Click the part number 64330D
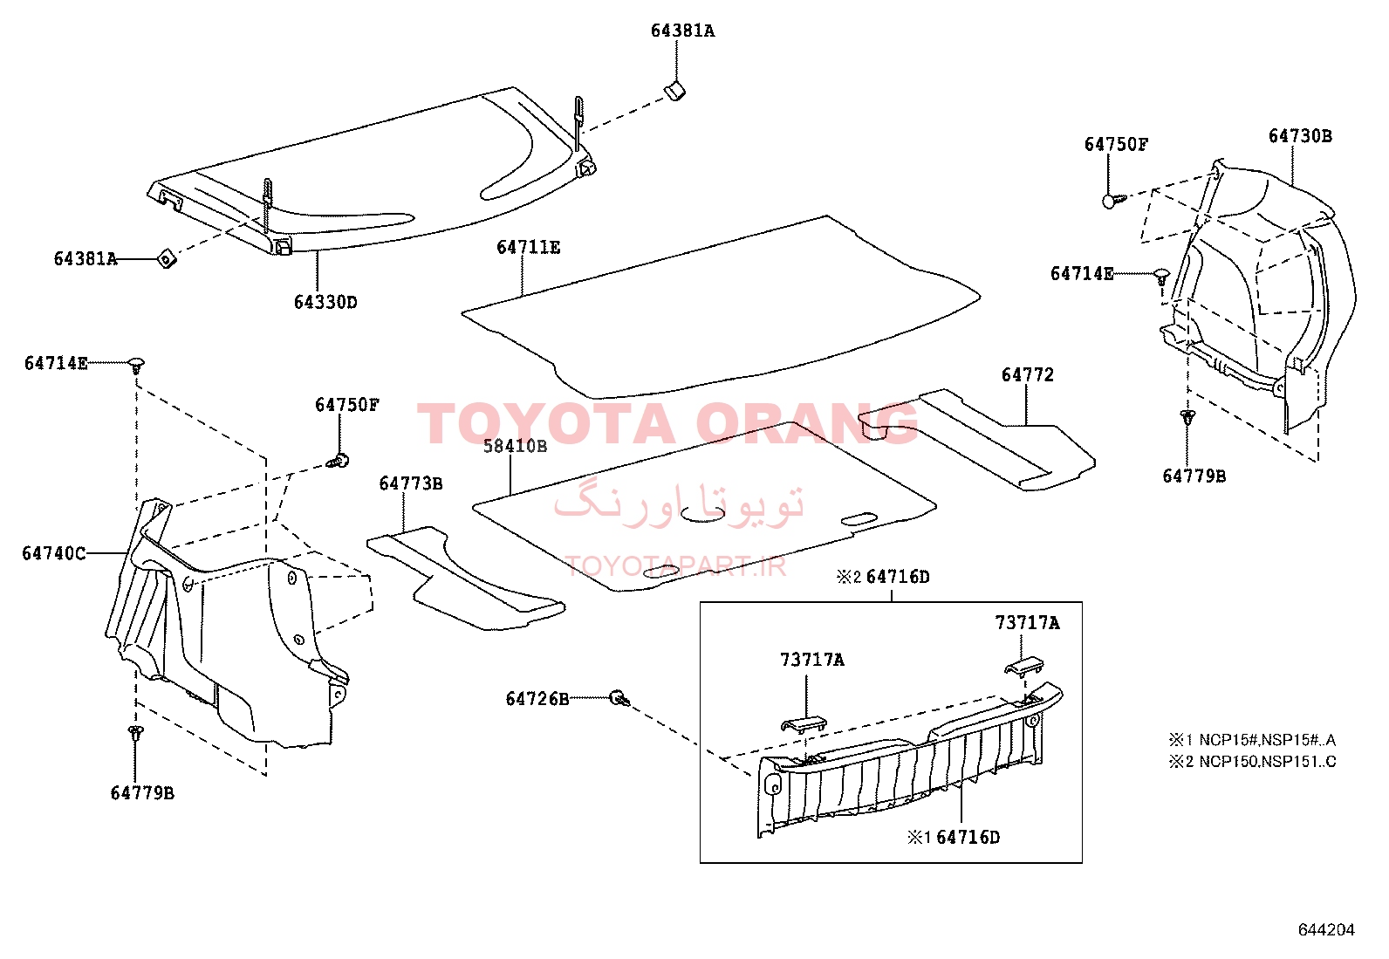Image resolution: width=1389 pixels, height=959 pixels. [x=325, y=302]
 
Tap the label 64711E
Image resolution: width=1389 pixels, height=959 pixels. [x=529, y=248]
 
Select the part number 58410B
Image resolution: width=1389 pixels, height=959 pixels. [x=516, y=446]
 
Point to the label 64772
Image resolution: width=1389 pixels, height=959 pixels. [x=1028, y=374]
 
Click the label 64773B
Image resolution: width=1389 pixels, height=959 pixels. [x=411, y=483]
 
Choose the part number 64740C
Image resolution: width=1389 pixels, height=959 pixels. [x=54, y=552]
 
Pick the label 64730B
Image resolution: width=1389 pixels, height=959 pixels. [x=1300, y=136]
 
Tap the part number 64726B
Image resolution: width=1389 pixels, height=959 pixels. [x=537, y=699]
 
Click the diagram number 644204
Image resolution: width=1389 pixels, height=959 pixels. [x=1326, y=929]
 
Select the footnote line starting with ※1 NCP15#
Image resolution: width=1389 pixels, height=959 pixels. [x=1252, y=739]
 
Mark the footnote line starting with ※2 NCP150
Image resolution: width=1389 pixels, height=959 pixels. [x=1252, y=761]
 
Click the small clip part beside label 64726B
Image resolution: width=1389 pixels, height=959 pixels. [x=619, y=698]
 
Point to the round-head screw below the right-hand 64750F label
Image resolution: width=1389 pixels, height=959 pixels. [x=1113, y=201]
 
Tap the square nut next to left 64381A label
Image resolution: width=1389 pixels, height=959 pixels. [x=167, y=258]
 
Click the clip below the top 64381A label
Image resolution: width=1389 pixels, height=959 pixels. [x=674, y=91]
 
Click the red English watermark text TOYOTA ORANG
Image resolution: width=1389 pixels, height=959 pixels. [x=667, y=423]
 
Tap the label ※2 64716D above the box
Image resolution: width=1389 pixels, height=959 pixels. [x=883, y=577]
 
